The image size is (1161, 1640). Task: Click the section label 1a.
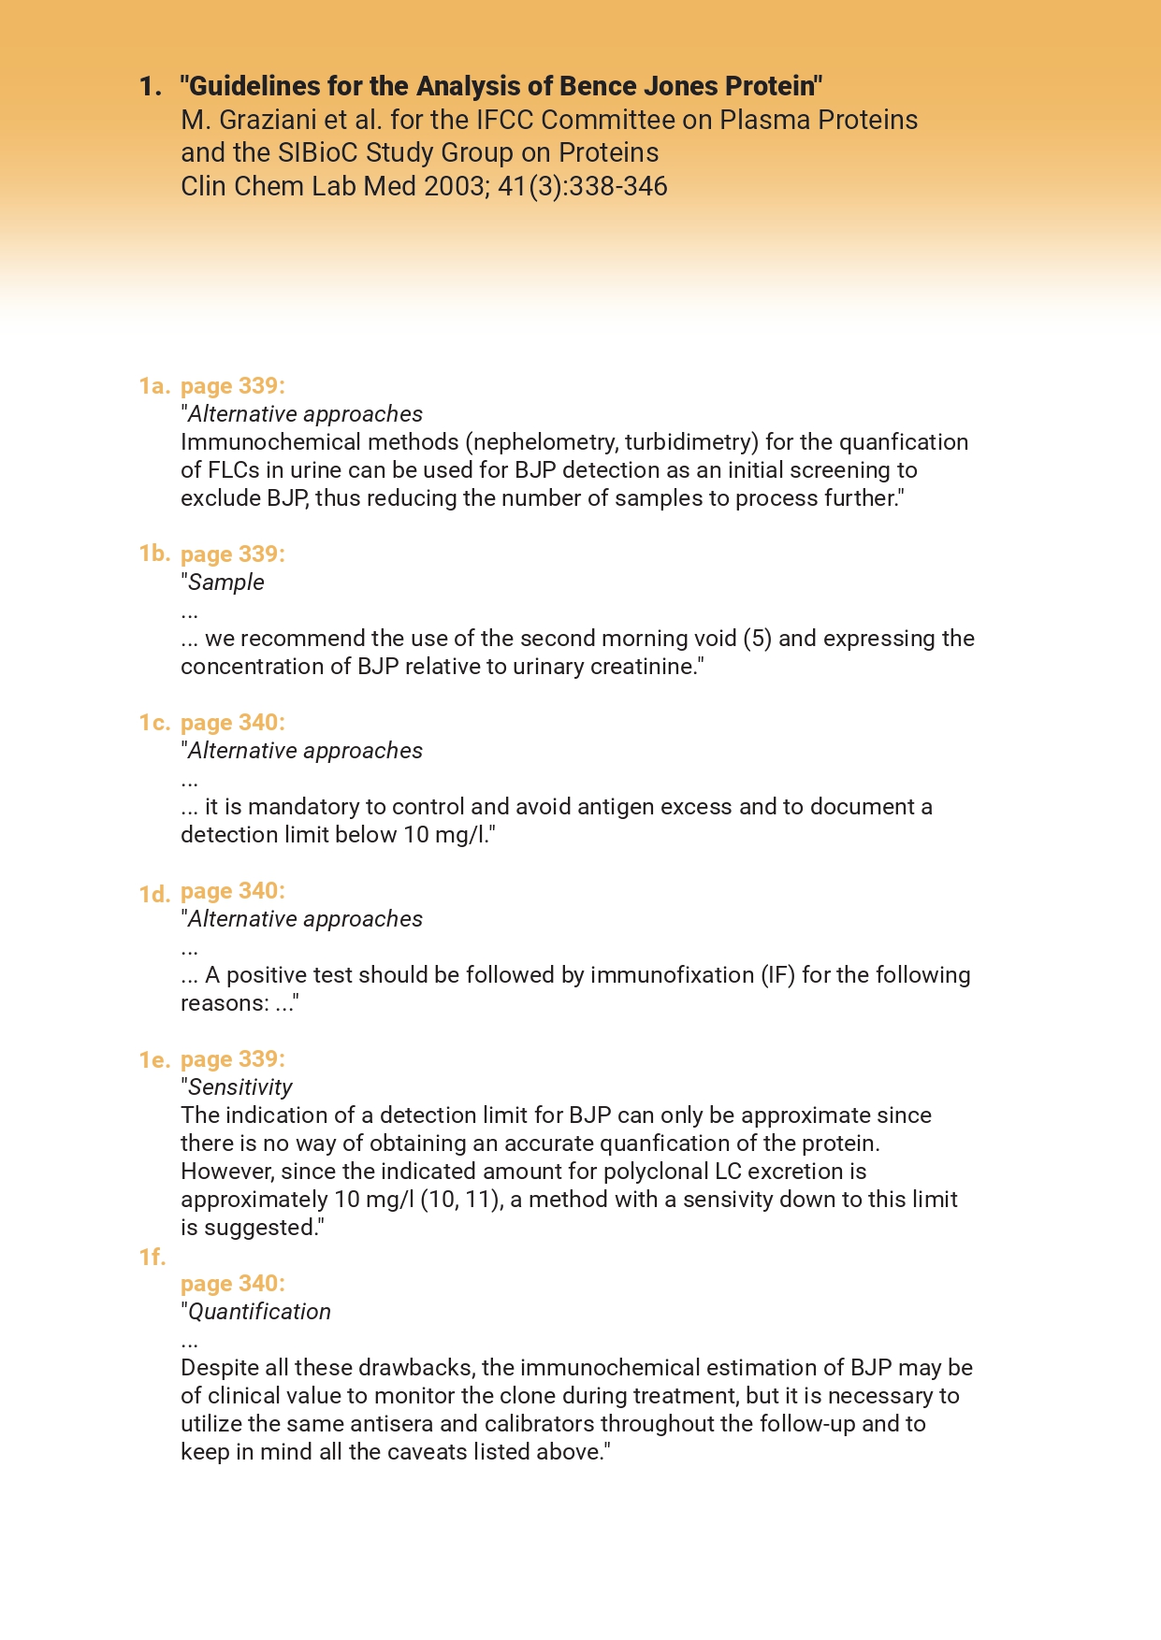point(154,386)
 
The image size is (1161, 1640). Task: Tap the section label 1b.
point(154,554)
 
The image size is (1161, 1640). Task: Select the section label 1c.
point(154,723)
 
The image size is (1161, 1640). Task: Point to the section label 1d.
point(154,895)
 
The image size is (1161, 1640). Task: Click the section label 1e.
point(154,1060)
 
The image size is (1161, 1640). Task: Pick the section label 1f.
point(152,1258)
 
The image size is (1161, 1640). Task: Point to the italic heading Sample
point(226,583)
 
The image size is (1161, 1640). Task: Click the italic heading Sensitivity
point(240,1087)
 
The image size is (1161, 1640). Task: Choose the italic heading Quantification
point(260,1312)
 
